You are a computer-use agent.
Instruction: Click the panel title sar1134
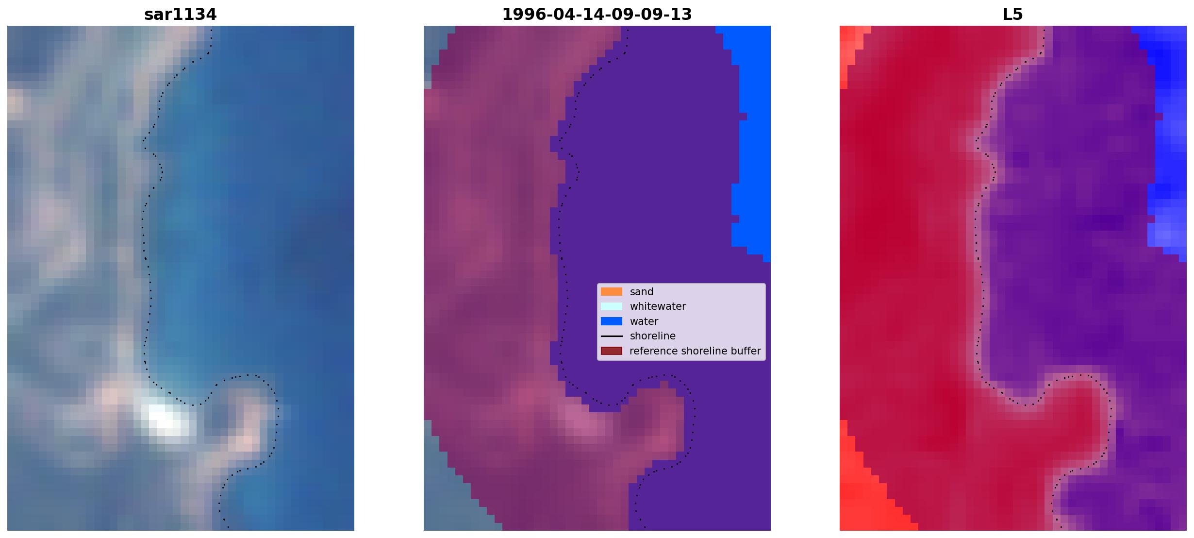pos(180,15)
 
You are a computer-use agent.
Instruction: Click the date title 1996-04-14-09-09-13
pos(597,15)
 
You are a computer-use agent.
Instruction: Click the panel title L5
pos(1012,15)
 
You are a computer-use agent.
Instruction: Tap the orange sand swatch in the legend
pos(612,292)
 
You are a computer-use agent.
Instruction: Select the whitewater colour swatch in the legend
pos(612,306)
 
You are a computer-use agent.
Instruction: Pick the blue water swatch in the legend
pos(612,321)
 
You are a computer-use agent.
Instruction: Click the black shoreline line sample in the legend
pos(612,336)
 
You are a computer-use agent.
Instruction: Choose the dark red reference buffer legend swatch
pos(612,351)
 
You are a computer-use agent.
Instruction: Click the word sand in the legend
pos(642,292)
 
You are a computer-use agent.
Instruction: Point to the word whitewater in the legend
pos(658,306)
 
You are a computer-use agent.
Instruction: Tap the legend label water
pos(644,321)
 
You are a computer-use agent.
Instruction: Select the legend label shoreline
pos(653,336)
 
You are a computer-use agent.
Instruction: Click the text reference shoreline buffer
pos(695,351)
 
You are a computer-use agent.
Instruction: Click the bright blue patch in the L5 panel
pos(1167,146)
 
